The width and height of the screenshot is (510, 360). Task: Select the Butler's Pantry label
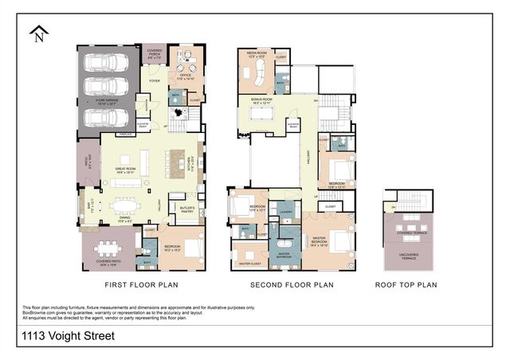[188, 210]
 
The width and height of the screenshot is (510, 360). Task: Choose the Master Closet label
[250, 262]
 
